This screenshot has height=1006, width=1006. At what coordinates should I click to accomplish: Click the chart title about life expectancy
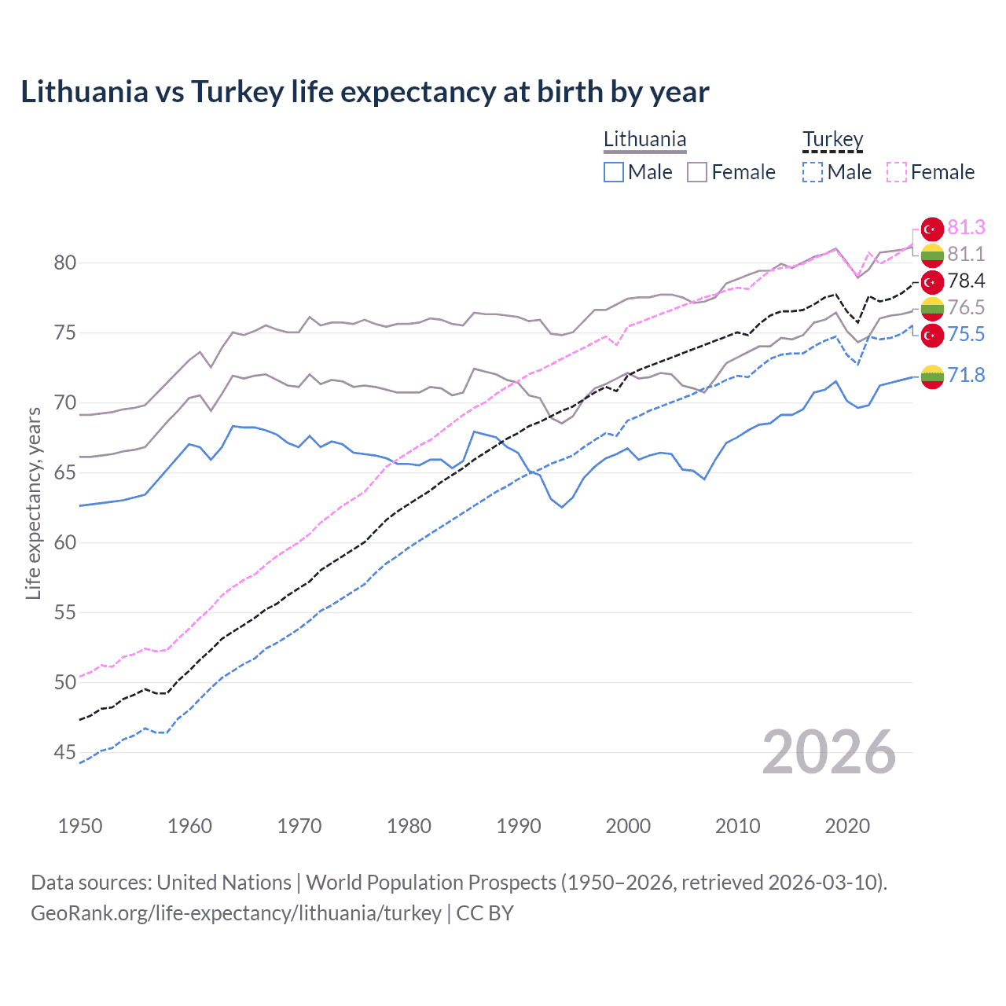pyautogui.click(x=365, y=92)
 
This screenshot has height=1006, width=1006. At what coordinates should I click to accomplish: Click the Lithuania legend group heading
pyautogui.click(x=644, y=140)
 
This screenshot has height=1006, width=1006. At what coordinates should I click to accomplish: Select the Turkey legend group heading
pyautogui.click(x=832, y=140)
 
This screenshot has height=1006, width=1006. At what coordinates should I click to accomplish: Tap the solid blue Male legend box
pyautogui.click(x=614, y=172)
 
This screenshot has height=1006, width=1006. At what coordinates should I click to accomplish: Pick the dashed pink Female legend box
pyautogui.click(x=897, y=172)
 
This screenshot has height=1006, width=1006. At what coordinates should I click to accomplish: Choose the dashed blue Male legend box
pyautogui.click(x=813, y=172)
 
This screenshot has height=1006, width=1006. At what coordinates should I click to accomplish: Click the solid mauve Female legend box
pyautogui.click(x=697, y=172)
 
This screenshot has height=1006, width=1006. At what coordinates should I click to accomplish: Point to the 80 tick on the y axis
pyautogui.click(x=65, y=263)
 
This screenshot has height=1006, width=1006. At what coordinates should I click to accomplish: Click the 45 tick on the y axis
pyautogui.click(x=65, y=753)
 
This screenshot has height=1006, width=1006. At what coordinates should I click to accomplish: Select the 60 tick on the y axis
pyautogui.click(x=65, y=542)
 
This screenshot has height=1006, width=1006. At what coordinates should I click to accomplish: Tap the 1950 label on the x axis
pyautogui.click(x=80, y=826)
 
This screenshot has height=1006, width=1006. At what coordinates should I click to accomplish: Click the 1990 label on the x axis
pyautogui.click(x=519, y=826)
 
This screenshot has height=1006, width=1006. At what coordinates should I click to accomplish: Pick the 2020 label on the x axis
pyautogui.click(x=847, y=826)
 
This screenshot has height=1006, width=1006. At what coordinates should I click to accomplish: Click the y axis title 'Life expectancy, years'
pyautogui.click(x=33, y=503)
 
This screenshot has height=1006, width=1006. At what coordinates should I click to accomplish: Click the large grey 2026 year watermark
pyautogui.click(x=829, y=752)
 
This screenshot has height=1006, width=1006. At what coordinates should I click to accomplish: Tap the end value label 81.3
pyautogui.click(x=966, y=228)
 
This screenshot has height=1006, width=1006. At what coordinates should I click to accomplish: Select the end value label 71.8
pyautogui.click(x=966, y=376)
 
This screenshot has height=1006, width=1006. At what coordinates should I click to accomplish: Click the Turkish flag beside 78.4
pyautogui.click(x=932, y=281)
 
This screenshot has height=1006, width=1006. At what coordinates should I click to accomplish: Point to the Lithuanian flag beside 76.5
pyautogui.click(x=932, y=308)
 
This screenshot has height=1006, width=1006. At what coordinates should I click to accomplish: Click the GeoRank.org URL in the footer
pyautogui.click(x=236, y=913)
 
